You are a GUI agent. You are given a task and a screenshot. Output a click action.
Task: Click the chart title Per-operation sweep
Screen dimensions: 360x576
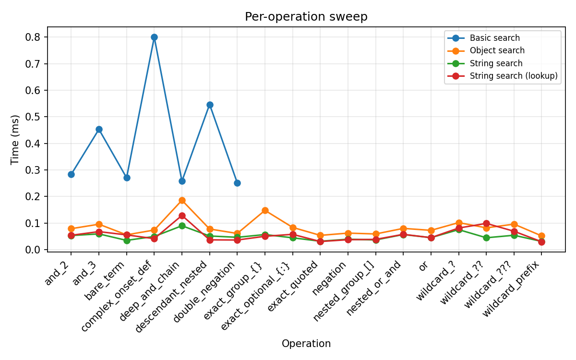coord(306,17)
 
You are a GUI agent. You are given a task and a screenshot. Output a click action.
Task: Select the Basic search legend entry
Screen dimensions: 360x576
coord(494,38)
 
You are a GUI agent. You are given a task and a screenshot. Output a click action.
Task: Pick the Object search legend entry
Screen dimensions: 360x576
coord(497,50)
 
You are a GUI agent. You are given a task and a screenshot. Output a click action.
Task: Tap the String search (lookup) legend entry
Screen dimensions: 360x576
coord(513,76)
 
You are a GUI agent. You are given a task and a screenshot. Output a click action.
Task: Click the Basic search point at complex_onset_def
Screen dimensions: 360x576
coord(154,37)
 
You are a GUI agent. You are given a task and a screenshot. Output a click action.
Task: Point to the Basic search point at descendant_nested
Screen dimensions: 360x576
coord(210,105)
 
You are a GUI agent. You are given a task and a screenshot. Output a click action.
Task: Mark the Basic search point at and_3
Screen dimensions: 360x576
coord(99,129)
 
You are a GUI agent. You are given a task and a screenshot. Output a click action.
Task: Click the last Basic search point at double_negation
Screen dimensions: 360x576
coord(237,183)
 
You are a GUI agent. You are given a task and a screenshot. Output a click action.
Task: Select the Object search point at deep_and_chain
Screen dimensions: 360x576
coord(182,200)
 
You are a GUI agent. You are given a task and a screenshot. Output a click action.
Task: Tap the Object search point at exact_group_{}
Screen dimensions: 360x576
coord(265,210)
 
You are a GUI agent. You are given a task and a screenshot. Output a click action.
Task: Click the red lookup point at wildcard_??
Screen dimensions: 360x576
coord(486,223)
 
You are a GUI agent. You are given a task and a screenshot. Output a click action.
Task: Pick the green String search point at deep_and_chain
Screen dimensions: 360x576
coord(182,226)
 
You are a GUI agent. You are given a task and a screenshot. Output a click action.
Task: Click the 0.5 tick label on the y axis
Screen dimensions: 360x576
coord(35,117)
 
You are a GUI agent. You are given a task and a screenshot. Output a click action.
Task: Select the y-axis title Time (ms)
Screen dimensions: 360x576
coord(15,139)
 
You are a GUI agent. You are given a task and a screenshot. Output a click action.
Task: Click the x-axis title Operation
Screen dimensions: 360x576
coord(306,344)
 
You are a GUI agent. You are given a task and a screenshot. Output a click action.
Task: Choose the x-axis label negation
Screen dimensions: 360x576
coord(331,278)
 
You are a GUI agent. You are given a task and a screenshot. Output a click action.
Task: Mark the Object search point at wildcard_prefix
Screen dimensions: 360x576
coord(541,236)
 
